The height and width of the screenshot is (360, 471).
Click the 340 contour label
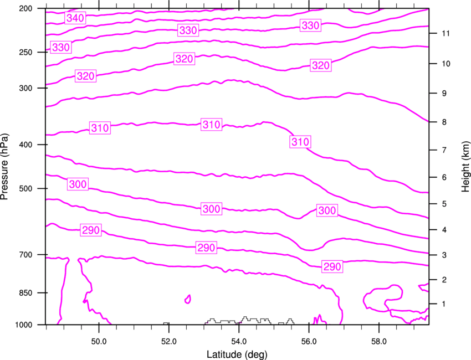[x=75, y=18]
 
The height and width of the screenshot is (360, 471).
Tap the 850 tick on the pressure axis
[x=25, y=293]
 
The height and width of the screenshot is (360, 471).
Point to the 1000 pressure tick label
[x=23, y=325]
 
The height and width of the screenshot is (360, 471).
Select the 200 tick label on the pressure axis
[x=25, y=8]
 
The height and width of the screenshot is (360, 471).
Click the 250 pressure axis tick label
[x=25, y=52]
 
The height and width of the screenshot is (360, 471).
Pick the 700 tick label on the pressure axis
[x=25, y=255]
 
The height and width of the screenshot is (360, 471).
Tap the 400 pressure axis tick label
[x=25, y=145]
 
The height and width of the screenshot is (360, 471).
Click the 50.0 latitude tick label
[x=99, y=342]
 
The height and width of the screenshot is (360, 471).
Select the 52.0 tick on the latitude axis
[x=169, y=342]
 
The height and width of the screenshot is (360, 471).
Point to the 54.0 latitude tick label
[x=239, y=342]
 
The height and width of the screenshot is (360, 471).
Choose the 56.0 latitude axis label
[x=309, y=342]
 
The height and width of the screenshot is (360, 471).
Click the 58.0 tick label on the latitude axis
[x=379, y=342]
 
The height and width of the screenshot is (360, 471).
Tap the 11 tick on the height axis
[x=446, y=33]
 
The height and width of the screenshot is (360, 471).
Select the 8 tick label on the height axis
[x=444, y=122]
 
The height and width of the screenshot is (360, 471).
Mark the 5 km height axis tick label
[x=444, y=204]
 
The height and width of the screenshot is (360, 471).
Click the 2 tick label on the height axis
[x=444, y=280]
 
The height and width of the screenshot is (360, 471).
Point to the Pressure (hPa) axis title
[x=4, y=167]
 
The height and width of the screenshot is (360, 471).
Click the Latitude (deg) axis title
[x=237, y=354]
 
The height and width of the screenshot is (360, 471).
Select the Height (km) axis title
[x=466, y=167]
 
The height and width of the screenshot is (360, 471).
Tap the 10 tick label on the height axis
[x=446, y=64]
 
